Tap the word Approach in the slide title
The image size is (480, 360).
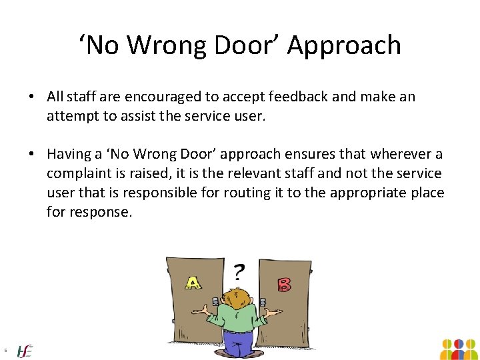[x=345, y=45]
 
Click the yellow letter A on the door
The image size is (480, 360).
[x=193, y=283]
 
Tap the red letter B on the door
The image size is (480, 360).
[x=285, y=285]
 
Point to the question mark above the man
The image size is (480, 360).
[x=238, y=271]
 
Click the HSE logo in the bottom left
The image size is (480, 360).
[x=25, y=351]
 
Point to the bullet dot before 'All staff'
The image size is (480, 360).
[x=32, y=97]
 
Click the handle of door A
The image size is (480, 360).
[x=215, y=304]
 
